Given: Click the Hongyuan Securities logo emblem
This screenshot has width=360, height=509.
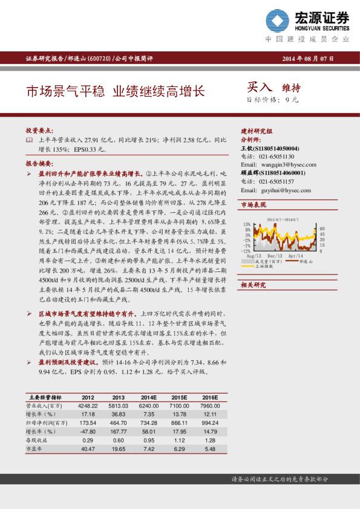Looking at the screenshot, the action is point(279,22).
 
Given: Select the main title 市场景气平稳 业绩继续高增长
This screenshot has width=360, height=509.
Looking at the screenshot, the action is point(115,92).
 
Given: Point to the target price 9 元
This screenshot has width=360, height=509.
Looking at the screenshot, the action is point(291,100).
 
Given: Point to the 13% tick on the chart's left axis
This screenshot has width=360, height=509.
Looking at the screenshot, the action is point(246,224).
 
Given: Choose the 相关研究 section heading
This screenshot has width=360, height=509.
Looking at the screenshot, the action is point(254,285).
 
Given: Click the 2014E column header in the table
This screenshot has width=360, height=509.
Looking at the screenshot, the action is point(149,397).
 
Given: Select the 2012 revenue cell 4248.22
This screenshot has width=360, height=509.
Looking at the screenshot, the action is point(88,406).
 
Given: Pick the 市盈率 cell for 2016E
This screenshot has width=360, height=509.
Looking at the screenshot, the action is point(209,450).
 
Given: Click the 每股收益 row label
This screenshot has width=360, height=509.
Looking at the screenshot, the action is point(38,441).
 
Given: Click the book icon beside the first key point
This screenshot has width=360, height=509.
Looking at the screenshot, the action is point(29,140).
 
